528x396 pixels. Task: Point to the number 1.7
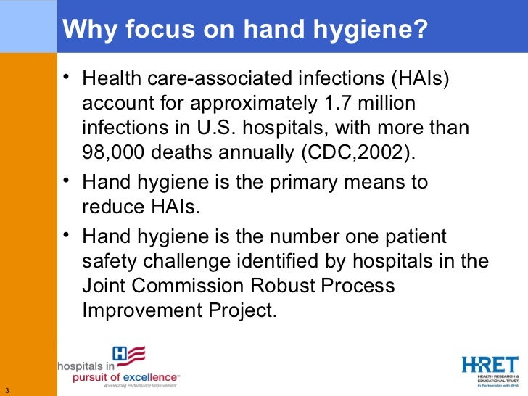(x=342, y=102)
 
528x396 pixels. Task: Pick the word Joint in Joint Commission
(x=105, y=286)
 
